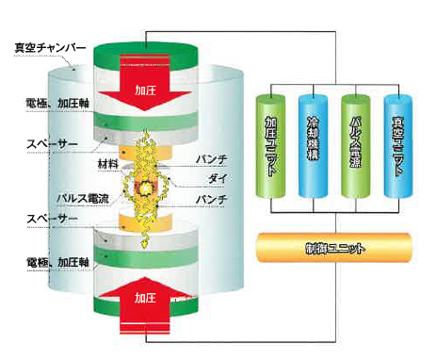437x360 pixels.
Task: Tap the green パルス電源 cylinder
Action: (355, 151)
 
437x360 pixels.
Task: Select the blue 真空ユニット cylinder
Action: (398, 151)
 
